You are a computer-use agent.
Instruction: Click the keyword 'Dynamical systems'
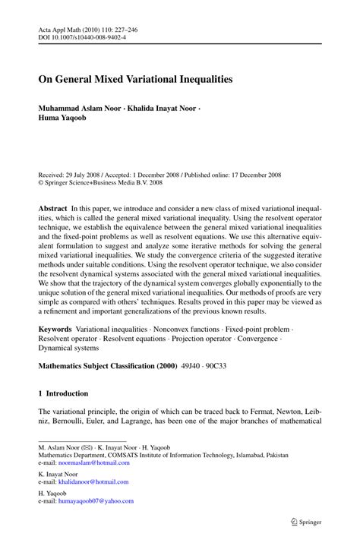[68, 348]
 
